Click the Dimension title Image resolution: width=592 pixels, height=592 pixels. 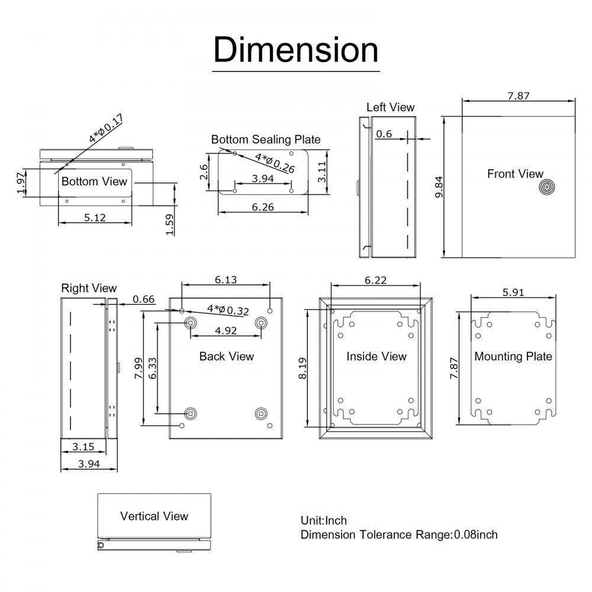295,50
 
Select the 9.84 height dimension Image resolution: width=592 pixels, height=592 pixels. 439,188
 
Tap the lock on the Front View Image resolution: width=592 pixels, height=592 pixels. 547,188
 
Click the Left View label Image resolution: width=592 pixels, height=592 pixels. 390,107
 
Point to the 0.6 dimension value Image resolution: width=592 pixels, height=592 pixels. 384,134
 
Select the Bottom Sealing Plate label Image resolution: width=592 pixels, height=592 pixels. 266,140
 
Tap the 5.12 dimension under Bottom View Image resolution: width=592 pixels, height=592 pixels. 95,217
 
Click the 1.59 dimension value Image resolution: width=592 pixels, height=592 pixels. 170,224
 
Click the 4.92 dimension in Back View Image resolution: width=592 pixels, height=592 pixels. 226,330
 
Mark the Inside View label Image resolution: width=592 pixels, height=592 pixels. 377,356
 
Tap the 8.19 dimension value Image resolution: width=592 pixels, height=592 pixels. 303,368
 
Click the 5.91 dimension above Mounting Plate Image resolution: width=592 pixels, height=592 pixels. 513,292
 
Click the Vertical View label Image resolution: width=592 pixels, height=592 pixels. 154,516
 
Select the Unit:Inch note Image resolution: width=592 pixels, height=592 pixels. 324,520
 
